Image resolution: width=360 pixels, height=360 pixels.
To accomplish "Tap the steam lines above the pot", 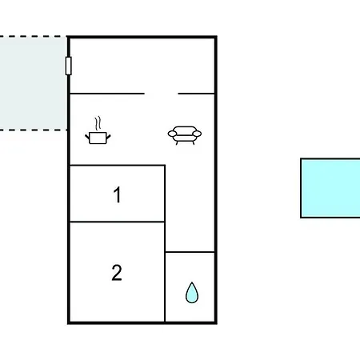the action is pos(98,123).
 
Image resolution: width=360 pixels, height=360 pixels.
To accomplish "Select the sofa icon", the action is pos(185,135).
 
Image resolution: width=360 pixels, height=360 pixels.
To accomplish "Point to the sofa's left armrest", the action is pos(172,134).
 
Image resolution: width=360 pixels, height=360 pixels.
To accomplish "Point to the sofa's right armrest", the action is pos(197,134).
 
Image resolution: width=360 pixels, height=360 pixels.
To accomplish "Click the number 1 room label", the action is pos(118,195).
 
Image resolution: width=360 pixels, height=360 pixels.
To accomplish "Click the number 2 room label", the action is pos(117,273).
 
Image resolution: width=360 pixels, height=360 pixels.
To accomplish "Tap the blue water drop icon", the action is pos(192,293).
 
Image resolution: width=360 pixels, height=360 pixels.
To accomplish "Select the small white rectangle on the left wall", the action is pos(69,66).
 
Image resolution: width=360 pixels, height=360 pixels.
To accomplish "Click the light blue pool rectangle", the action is pos(330,188).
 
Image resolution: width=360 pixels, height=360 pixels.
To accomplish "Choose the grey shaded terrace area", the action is pos(33,83).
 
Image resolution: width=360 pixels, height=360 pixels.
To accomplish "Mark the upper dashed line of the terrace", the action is pos(34,36).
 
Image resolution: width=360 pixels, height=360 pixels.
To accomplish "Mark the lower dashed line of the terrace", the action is pos(34,130).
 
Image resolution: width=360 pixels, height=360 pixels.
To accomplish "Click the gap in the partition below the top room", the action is pos(162,94).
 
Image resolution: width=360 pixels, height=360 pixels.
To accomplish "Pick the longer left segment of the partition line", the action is pos(107,94).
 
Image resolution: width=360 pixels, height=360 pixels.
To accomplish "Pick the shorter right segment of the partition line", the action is pos(196,94).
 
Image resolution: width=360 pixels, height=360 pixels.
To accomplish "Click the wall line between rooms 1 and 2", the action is pos(117,222).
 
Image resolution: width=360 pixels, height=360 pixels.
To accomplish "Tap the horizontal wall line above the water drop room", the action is pos(190,252).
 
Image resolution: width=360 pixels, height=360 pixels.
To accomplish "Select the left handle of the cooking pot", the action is pos(87,137).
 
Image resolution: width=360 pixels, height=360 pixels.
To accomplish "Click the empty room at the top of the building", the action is pos(142,66).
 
